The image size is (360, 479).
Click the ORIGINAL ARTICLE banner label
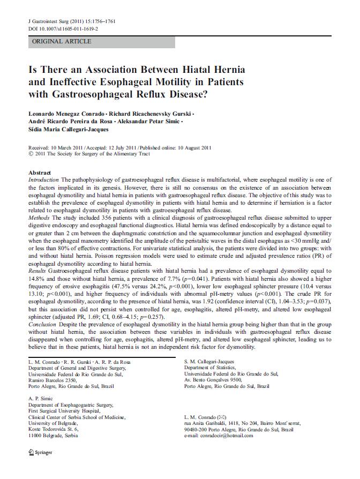click(62, 41)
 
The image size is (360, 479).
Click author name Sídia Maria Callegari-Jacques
click(68, 129)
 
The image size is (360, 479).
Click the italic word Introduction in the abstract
click(45, 180)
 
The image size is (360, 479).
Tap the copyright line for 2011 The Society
click(93, 154)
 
